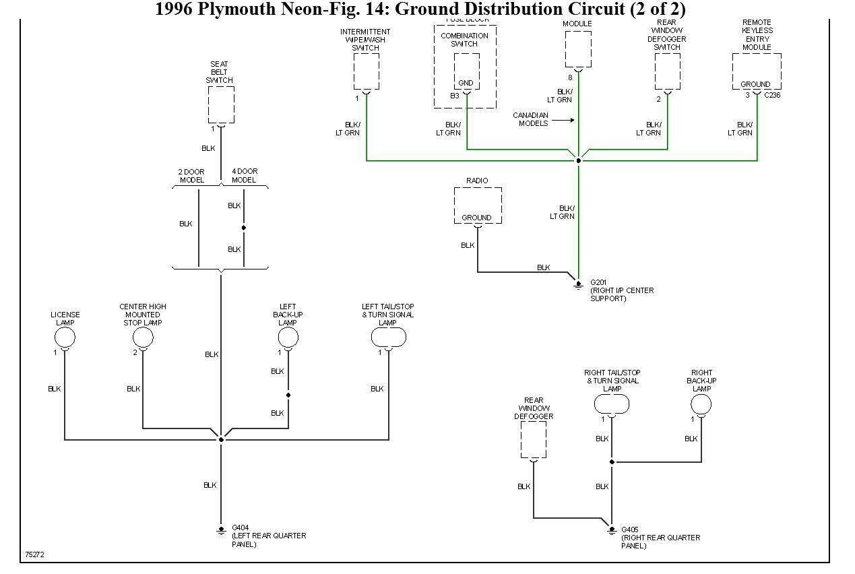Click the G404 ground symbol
221,530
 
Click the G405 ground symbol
612,530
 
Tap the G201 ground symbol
578,284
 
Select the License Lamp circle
65,337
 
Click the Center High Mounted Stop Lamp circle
143,338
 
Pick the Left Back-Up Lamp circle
288,338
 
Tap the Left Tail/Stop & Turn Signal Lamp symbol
389,337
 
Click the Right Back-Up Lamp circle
701,404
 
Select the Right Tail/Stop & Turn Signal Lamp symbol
612,404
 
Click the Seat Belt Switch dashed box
221,104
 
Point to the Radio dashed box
478,205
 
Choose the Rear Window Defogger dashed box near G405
534,440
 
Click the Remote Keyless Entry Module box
757,71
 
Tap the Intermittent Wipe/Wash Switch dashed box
366,71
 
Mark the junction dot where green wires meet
578,161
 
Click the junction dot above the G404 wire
221,439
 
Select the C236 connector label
771,96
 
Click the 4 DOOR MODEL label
244,176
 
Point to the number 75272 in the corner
34,555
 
